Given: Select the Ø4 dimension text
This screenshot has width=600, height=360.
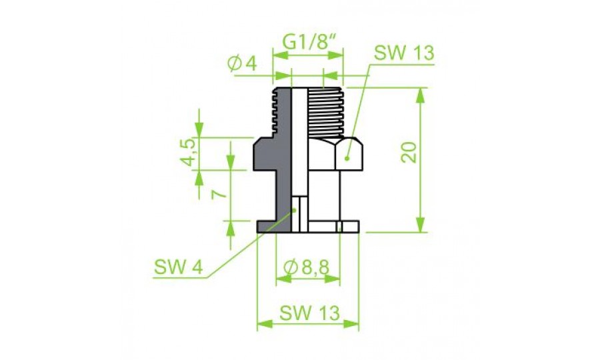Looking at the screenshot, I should click(241, 64).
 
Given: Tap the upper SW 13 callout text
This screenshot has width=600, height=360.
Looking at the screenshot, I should click(404, 53).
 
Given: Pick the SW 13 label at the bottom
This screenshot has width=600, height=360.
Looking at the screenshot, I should click(309, 312).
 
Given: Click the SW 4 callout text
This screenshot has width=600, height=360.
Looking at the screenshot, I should click(177, 267).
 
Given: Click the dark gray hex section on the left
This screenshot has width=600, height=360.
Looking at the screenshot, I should click(270, 153).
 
